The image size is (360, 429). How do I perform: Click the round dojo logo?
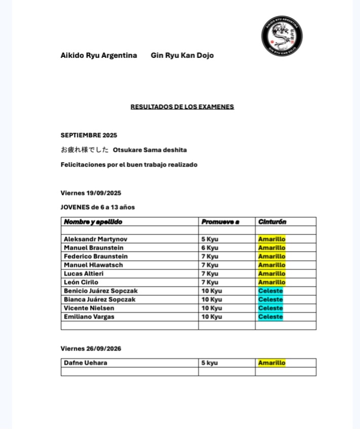click(x=282, y=36)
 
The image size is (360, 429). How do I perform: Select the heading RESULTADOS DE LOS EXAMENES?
click(x=182, y=107)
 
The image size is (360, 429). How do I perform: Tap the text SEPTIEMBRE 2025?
click(x=89, y=135)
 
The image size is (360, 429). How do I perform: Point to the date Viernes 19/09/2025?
click(x=91, y=193)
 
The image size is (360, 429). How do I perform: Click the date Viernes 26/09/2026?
click(x=91, y=348)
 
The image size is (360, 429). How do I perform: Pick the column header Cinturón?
click(x=272, y=222)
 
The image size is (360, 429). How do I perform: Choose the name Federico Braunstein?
click(x=96, y=256)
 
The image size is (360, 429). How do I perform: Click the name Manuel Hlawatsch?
click(x=93, y=265)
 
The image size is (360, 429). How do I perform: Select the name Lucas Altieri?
click(x=84, y=274)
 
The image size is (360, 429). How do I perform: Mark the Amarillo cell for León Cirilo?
click(x=272, y=282)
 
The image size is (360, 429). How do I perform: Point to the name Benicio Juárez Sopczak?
click(x=100, y=291)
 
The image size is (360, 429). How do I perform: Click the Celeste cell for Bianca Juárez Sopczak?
click(x=270, y=299)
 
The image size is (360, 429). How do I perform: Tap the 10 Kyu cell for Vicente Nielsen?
click(x=212, y=308)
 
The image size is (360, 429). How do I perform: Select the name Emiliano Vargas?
click(x=89, y=317)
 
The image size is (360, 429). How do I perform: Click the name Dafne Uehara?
click(x=85, y=363)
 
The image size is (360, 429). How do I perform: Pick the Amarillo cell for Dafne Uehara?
click(x=272, y=363)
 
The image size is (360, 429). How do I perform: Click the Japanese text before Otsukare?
click(x=85, y=150)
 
